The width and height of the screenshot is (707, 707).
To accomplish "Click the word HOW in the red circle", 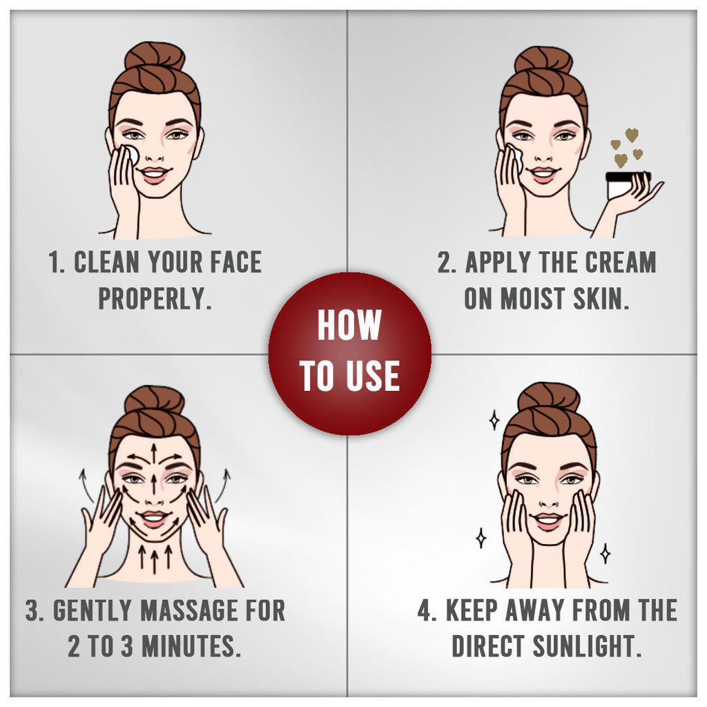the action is (349, 325).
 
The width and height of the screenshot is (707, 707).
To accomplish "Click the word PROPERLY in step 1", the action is (155, 298).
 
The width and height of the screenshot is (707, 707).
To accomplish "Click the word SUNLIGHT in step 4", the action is (587, 646).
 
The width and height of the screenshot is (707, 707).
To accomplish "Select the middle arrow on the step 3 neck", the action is (155, 560).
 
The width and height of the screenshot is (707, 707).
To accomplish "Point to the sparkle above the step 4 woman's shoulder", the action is (605, 554).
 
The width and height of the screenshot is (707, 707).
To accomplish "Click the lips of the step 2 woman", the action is (543, 175).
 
